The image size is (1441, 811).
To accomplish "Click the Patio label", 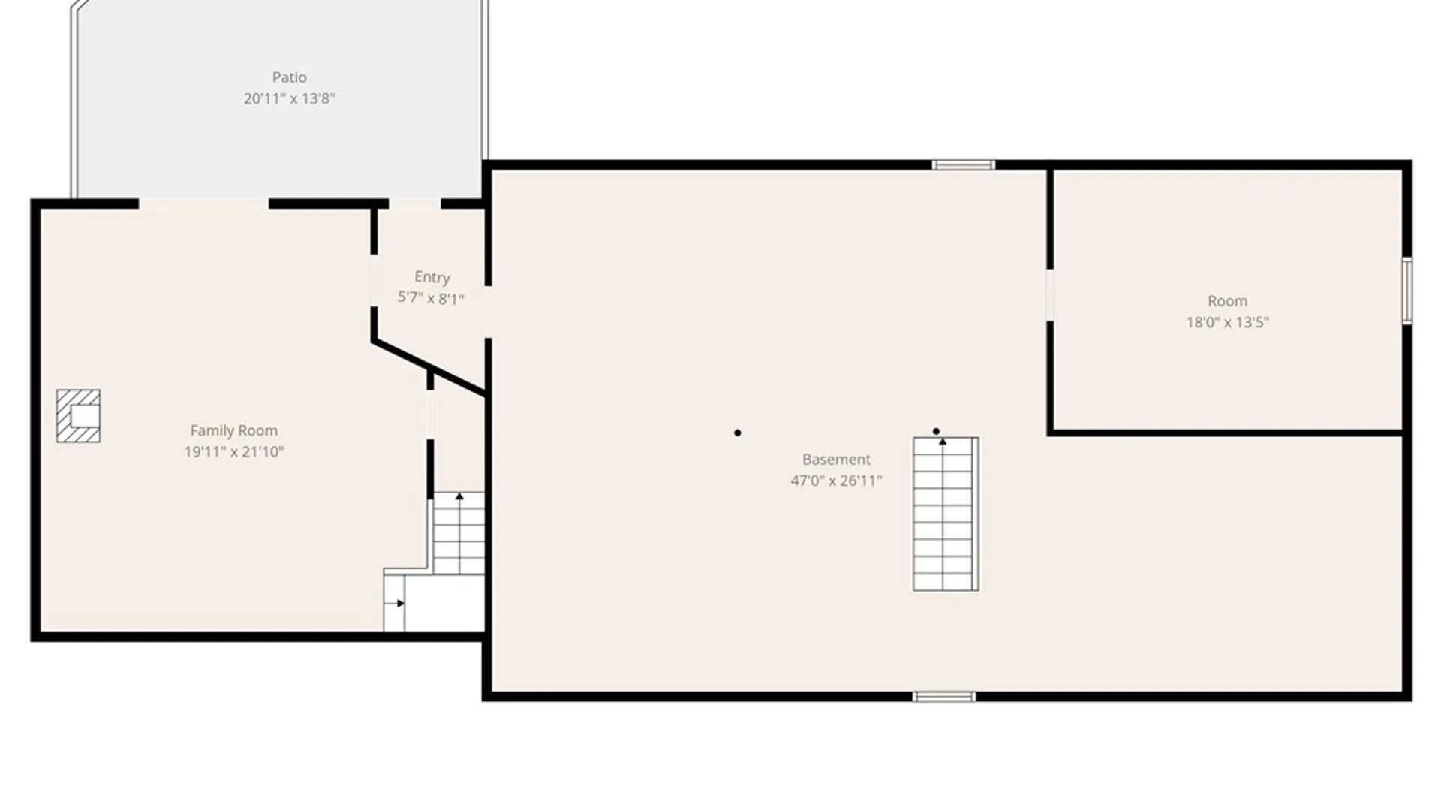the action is pyautogui.click(x=289, y=77).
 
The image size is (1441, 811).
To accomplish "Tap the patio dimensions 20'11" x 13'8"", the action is pyautogui.click(x=289, y=98).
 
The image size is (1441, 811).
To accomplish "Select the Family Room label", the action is pyautogui.click(x=233, y=430).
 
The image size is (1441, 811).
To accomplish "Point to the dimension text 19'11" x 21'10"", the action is pyautogui.click(x=233, y=451).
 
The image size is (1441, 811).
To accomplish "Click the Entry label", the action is pyautogui.click(x=432, y=278).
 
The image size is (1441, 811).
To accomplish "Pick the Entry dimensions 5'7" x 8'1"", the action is pyautogui.click(x=431, y=298).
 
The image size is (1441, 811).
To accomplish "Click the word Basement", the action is pyautogui.click(x=836, y=459).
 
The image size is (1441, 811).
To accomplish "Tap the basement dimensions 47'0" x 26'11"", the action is pyautogui.click(x=836, y=481).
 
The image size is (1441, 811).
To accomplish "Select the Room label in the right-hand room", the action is pyautogui.click(x=1227, y=301).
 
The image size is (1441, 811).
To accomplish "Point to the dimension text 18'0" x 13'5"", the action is pyautogui.click(x=1227, y=322).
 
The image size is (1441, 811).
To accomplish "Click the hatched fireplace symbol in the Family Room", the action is pyautogui.click(x=78, y=416).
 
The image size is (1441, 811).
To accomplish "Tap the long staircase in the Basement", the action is pyautogui.click(x=946, y=514).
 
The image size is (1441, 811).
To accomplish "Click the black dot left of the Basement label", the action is pyautogui.click(x=738, y=433).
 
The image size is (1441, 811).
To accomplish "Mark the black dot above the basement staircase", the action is pyautogui.click(x=936, y=431).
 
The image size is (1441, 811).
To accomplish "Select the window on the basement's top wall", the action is pyautogui.click(x=964, y=165).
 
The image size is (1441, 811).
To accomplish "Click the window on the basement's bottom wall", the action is pyautogui.click(x=944, y=697).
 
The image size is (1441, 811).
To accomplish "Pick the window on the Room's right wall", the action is pyautogui.click(x=1407, y=291).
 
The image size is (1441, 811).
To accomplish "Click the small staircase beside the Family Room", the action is pyautogui.click(x=459, y=533).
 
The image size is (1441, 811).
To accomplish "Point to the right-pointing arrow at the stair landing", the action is pyautogui.click(x=395, y=603).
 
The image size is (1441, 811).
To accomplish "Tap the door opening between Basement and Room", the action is pyautogui.click(x=1050, y=295).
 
